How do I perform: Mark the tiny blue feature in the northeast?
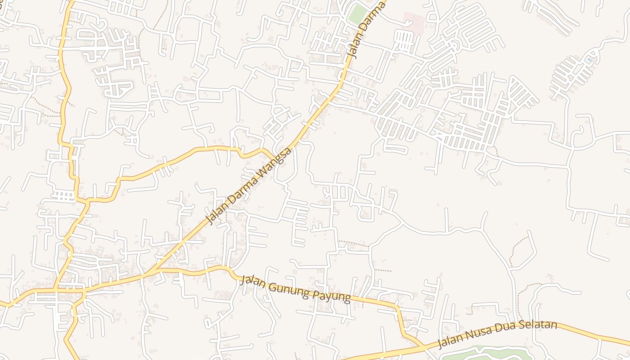589,60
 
